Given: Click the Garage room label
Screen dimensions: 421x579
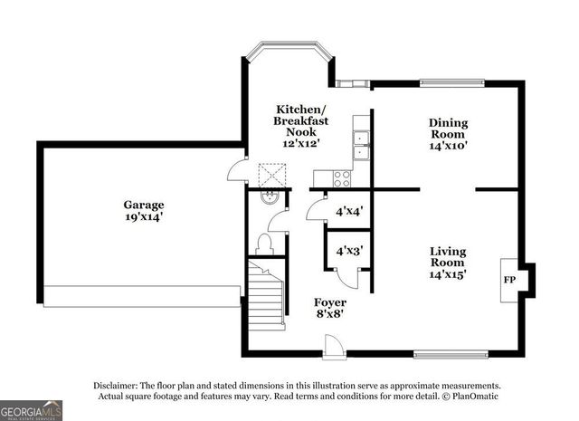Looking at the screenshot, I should tap(144, 205).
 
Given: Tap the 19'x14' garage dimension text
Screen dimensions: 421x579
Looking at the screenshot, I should tap(144, 217).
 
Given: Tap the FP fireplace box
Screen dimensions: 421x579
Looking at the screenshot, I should tap(509, 279).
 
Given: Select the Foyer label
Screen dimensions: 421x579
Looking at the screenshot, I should tap(329, 301).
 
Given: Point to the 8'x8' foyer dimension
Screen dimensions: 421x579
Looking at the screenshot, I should tap(329, 315).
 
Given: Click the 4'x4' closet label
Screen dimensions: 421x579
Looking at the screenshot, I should tap(349, 213).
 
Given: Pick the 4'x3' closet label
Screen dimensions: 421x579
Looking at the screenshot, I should tap(349, 251).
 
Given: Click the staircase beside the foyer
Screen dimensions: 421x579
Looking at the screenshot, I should tap(266, 294).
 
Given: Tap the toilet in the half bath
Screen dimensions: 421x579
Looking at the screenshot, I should tap(264, 243).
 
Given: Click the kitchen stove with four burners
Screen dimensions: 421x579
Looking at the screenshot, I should tap(343, 177).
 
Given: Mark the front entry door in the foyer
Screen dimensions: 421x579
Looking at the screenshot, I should tap(334, 346).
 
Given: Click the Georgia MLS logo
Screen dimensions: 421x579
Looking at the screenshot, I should tap(31, 409).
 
